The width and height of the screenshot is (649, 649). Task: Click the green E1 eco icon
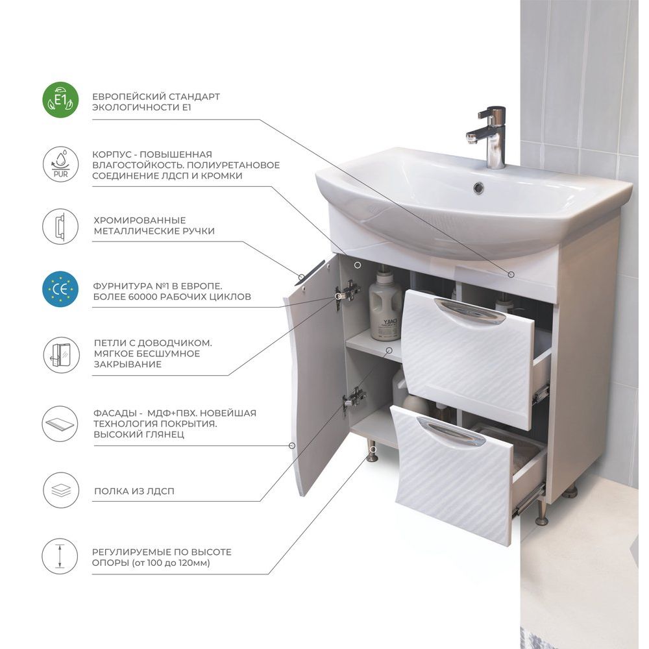coord(60,100)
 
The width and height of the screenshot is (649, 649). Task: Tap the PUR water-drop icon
coord(60,164)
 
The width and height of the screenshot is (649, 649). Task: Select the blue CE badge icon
coord(60,289)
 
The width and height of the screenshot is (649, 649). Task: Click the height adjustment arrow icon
coord(60,556)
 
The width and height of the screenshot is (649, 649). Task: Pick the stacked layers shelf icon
coord(60,491)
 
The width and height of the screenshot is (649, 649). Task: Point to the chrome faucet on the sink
coord(489,136)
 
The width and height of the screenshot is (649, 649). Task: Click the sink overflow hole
coord(478,188)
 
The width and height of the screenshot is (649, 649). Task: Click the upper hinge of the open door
coord(347,293)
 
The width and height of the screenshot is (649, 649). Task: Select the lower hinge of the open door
coord(354,398)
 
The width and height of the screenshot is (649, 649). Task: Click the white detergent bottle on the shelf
coord(386,304)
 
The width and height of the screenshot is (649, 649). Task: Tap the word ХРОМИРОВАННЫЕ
coord(140,220)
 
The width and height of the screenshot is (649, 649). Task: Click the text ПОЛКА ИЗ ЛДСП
coord(134,491)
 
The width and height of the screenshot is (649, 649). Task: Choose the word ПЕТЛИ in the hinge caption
coord(108,343)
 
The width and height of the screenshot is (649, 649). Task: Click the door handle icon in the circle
coord(60,227)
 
